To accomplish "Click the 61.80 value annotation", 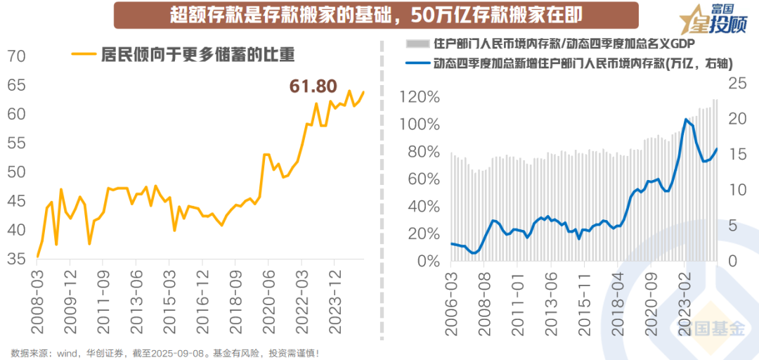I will [x=313, y=86].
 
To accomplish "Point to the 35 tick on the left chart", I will [x=17, y=259].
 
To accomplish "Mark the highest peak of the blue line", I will [x=685, y=120].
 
